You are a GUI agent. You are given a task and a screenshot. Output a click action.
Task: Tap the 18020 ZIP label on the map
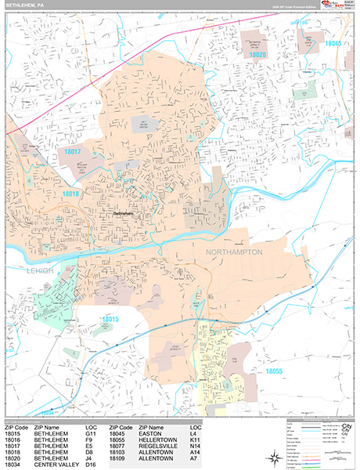click(258, 56)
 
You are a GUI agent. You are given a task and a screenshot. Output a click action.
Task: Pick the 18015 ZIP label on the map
click(109, 319)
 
